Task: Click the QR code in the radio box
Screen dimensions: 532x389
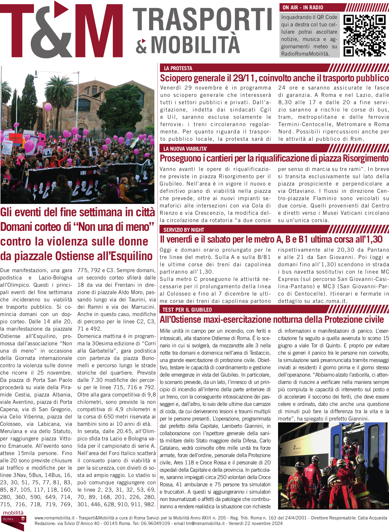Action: pyautogui.click(x=364, y=36)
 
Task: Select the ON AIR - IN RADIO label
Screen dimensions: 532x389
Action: pyautogui.click(x=303, y=8)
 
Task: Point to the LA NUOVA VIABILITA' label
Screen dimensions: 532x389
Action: pyautogui.click(x=185, y=149)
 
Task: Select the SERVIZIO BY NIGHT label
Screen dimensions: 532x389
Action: pyautogui.click(x=184, y=230)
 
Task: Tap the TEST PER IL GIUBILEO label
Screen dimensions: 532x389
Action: pyautogui.click(x=187, y=310)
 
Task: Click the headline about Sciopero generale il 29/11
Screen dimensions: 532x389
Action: pyautogui.click(x=274, y=78)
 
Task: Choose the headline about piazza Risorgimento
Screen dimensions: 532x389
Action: pyautogui.click(x=274, y=158)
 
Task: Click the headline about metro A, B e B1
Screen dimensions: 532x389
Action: pyautogui.click(x=271, y=239)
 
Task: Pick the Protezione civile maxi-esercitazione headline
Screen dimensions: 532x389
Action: pyautogui.click(x=272, y=319)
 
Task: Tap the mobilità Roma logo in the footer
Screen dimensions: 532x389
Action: pyautogui.click(x=13, y=520)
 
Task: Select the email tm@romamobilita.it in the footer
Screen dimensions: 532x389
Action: pyautogui.click(x=205, y=523)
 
